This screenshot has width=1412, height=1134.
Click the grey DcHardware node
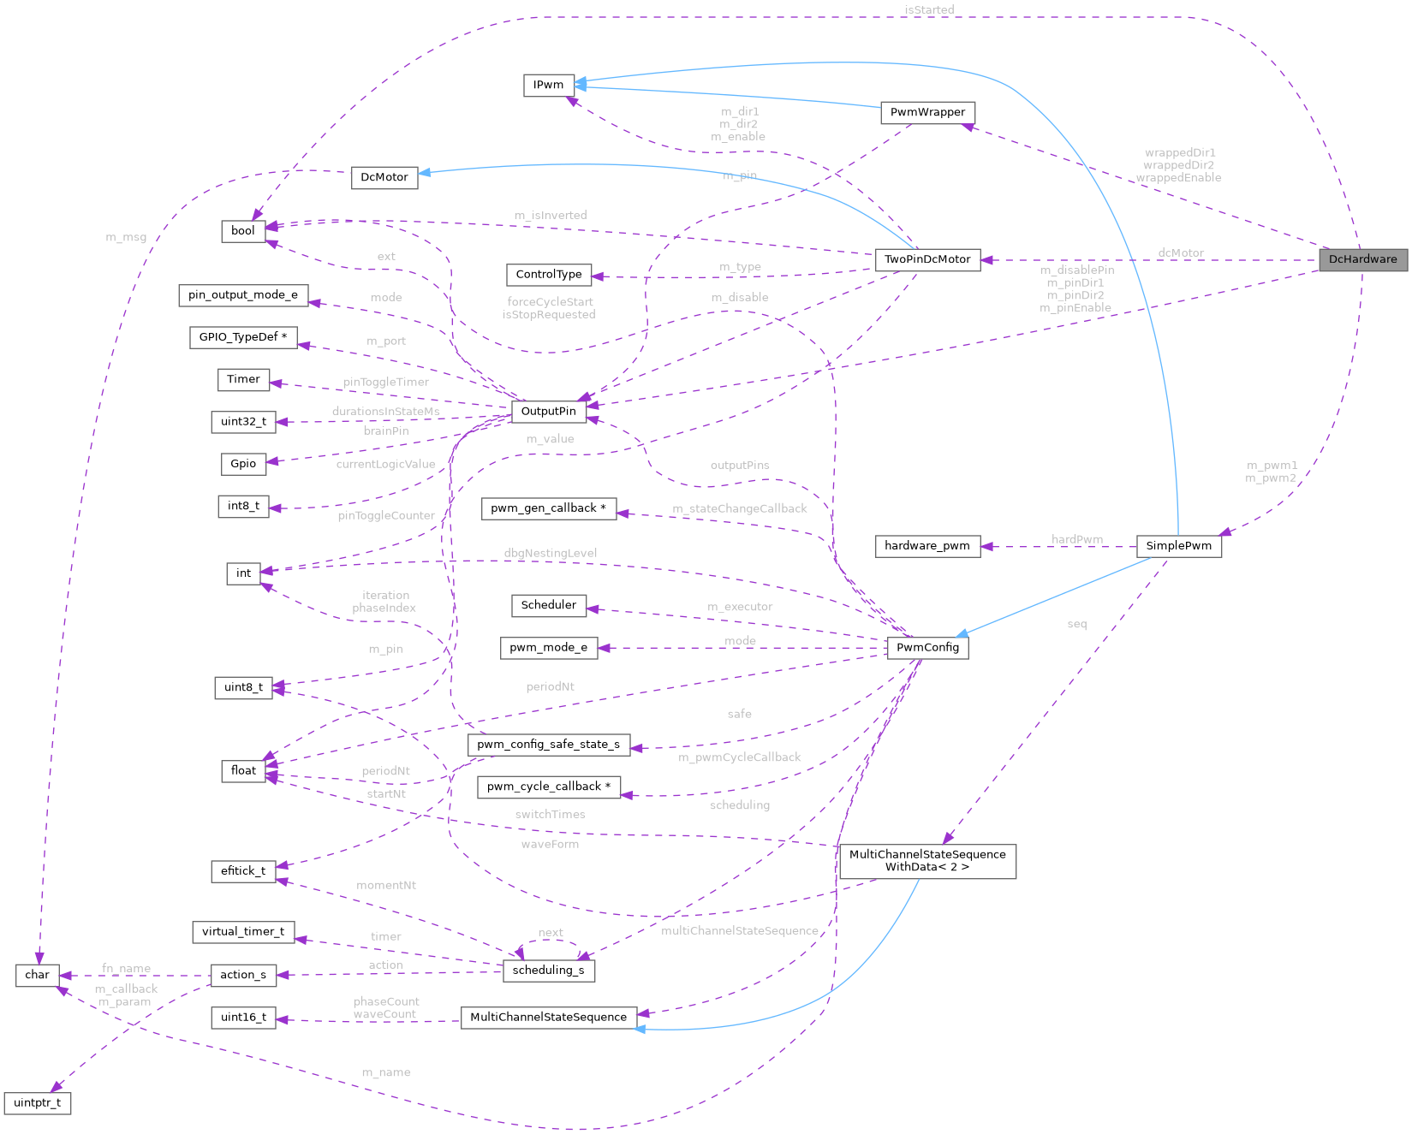tap(1362, 259)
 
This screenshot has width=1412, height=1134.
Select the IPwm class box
tap(548, 85)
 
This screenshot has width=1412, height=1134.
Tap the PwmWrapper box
tap(927, 112)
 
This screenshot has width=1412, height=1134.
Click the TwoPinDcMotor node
tap(927, 259)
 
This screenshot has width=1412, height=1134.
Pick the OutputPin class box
tap(548, 411)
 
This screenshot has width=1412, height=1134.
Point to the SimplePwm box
tap(1178, 546)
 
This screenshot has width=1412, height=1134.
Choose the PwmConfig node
tap(927, 647)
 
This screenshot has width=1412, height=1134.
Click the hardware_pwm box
tap(927, 546)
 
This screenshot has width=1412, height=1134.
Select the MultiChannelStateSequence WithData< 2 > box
tap(927, 860)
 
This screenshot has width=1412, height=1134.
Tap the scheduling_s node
tap(548, 970)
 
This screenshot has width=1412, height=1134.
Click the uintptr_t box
tap(38, 1102)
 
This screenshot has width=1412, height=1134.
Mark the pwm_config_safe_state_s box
tap(548, 744)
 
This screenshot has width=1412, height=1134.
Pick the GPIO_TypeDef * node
tap(243, 337)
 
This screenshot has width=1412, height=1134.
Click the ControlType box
tap(548, 275)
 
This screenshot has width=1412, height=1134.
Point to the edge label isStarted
tap(928, 9)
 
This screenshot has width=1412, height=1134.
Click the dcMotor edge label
tap(1180, 252)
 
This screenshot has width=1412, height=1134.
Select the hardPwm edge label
tap(1076, 539)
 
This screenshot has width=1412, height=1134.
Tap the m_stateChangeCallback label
tap(739, 508)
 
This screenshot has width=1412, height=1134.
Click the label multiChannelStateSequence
tap(739, 930)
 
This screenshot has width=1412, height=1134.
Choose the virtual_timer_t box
tap(243, 931)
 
